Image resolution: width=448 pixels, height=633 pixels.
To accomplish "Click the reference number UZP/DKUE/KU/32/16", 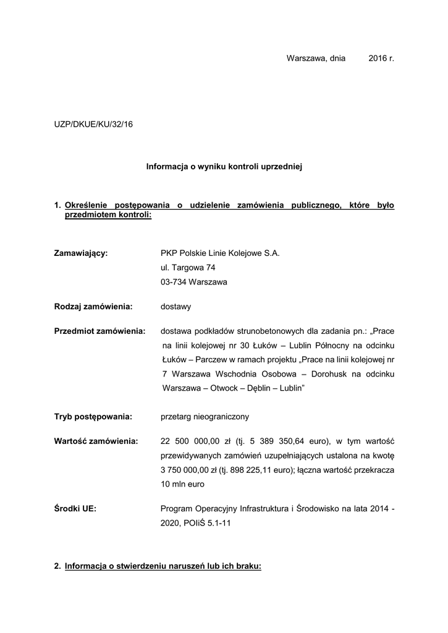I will [x=93, y=124].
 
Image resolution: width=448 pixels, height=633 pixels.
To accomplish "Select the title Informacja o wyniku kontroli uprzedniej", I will [x=223, y=166].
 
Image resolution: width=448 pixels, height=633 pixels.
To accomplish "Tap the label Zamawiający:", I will [x=81, y=253].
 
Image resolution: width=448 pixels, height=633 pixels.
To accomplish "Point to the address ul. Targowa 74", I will [x=188, y=268].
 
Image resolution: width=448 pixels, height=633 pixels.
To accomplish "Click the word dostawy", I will [x=175, y=306].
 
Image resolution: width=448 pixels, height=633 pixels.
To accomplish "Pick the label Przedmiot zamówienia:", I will [x=99, y=331].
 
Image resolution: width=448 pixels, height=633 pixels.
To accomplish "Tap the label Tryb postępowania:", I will [x=93, y=417].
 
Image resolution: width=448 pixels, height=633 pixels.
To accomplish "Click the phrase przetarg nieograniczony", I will [x=205, y=417].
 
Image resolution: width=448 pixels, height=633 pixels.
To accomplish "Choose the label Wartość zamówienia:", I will [x=96, y=441].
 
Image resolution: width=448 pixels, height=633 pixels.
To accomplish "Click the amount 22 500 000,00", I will [x=189, y=441].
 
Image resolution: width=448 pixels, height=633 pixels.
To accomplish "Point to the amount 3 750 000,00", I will [x=185, y=470].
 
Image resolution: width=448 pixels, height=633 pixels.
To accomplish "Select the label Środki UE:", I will [x=76, y=509].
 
